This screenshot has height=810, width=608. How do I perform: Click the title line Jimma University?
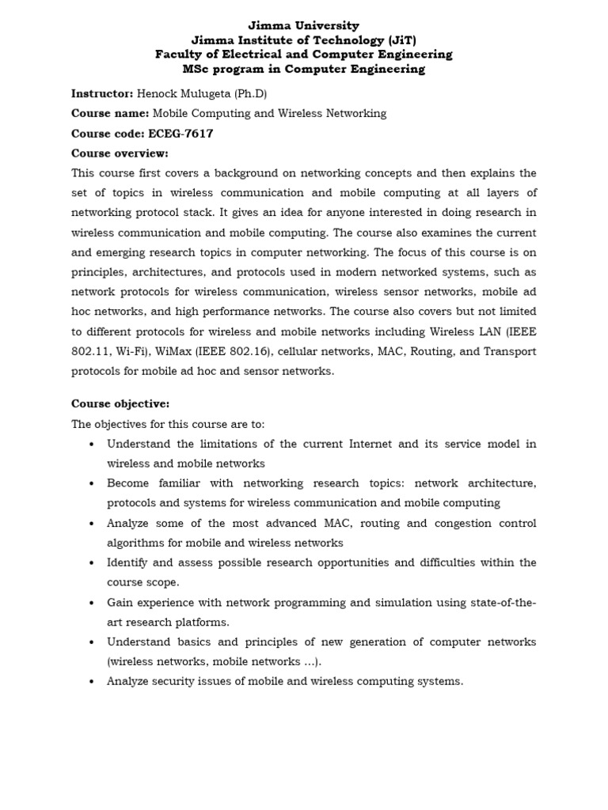click(x=303, y=26)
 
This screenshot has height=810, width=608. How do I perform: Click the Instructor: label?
click(x=102, y=93)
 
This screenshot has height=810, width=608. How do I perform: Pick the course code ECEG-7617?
click(x=180, y=133)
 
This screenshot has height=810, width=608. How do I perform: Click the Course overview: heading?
click(x=120, y=153)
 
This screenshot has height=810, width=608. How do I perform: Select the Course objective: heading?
click(x=120, y=403)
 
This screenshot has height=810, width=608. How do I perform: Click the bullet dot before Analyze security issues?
click(x=93, y=682)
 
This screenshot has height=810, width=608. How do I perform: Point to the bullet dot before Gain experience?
click(x=93, y=603)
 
